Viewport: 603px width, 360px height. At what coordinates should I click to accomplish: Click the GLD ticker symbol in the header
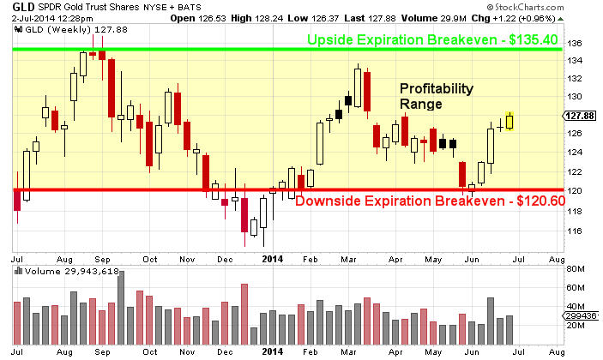21,8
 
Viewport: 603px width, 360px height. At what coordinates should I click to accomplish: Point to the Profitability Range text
435,96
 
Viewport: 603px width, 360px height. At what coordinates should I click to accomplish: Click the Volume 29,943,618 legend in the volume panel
65,272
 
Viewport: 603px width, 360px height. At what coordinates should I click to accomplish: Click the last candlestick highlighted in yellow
510,120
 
